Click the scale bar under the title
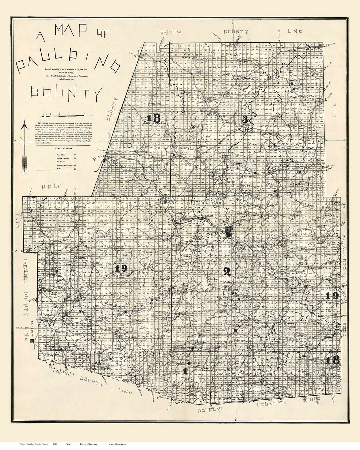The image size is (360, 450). click(58, 115)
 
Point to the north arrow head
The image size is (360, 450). click(24, 126)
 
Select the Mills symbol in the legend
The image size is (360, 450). click(76, 169)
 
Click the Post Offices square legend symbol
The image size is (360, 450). click(76, 155)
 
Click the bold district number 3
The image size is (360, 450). click(245, 120)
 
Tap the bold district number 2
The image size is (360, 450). click(227, 272)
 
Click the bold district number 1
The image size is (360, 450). click(185, 371)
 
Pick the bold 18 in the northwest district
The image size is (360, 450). click(153, 118)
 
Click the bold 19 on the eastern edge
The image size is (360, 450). click(332, 295)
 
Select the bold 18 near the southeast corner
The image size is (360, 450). click(333, 360)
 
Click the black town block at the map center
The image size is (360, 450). click(229, 231)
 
